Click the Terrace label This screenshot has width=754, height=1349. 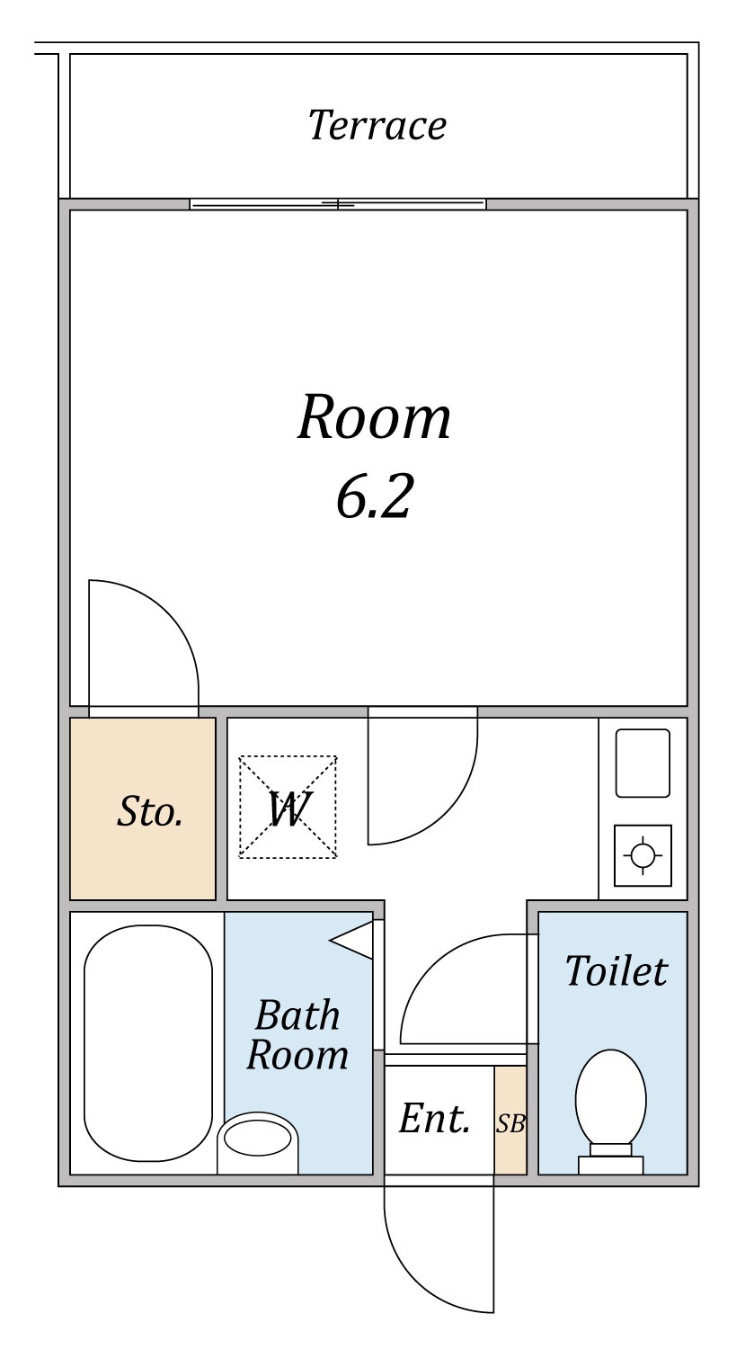(377, 125)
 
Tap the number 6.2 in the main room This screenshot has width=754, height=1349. (374, 496)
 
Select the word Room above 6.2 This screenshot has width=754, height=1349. (374, 417)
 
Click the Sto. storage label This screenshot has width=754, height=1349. (150, 811)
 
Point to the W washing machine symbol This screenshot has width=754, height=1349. (288, 807)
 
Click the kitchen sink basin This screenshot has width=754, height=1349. (643, 763)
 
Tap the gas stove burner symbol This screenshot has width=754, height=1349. (643, 855)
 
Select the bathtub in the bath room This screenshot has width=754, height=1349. (148, 1043)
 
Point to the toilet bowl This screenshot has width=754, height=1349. (611, 1099)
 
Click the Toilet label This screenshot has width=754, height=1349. (617, 970)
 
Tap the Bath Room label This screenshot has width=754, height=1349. (297, 1034)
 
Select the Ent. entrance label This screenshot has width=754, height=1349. (434, 1119)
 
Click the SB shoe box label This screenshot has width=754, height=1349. (510, 1123)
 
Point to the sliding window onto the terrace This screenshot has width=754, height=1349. (338, 204)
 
